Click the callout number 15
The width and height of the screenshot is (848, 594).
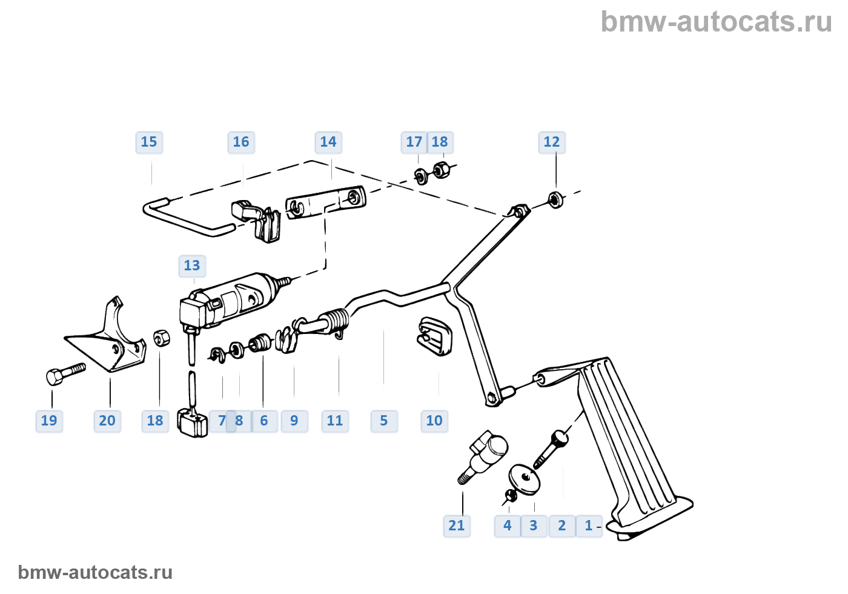[x=149, y=142]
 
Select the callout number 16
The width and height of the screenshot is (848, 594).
[x=241, y=142]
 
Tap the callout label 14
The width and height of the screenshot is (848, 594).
[x=328, y=142]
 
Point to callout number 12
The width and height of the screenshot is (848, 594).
[x=552, y=142]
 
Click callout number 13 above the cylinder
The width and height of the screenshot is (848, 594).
[x=192, y=266]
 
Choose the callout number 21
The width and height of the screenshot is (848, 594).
[x=457, y=526]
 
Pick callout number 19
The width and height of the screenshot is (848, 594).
[x=49, y=421]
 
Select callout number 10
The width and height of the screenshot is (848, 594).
[x=434, y=421]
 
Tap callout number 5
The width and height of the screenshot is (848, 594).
[x=384, y=421]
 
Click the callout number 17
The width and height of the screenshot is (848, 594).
[x=414, y=142]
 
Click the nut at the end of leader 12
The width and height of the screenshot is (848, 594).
[x=554, y=199]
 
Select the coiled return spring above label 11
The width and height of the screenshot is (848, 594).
[x=334, y=321]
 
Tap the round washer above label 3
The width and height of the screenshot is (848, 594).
[x=525, y=479]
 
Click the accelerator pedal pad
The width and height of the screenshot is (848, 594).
[x=630, y=436]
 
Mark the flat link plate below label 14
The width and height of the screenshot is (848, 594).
[x=326, y=202]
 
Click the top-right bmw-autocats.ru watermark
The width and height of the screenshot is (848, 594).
[x=716, y=22]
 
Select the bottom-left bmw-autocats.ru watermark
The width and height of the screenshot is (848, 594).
[x=95, y=572]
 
